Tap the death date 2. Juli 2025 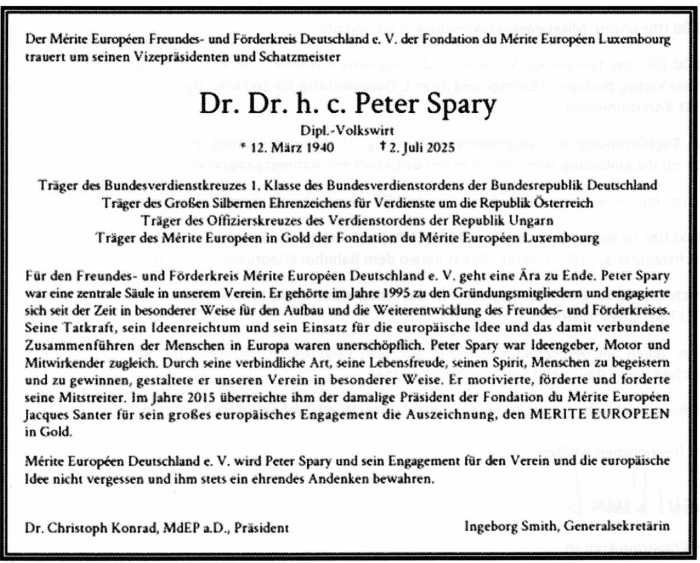pyautogui.click(x=422, y=148)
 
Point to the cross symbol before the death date pyautogui.click(x=383, y=147)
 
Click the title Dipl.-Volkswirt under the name pyautogui.click(x=347, y=131)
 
